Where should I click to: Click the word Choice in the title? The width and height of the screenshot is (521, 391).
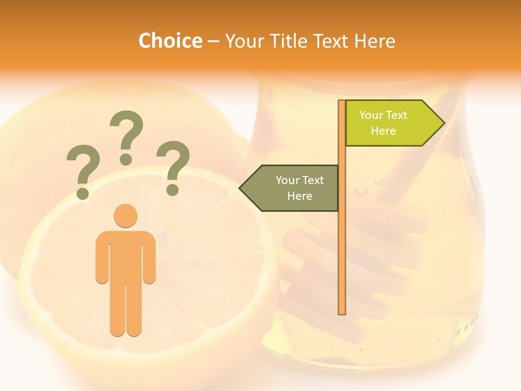tap(170, 41)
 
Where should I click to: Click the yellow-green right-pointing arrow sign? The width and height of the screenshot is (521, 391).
tap(391, 123)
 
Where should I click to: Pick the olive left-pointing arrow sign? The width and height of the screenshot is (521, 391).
tap(293, 188)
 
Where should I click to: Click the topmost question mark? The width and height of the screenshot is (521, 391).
tap(126, 133)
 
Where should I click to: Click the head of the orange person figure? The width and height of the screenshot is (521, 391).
tap(125, 216)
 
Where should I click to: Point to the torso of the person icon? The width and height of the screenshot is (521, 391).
tap(125, 255)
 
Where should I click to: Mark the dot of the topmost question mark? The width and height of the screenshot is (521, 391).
tap(126, 159)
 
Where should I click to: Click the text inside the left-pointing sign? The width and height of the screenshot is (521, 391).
tap(299, 188)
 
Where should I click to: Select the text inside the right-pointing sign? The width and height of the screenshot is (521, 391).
tap(383, 123)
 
